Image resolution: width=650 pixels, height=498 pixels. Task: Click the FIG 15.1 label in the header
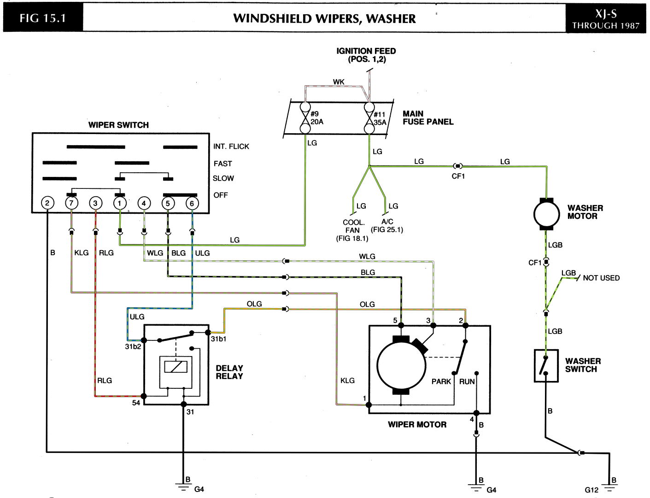click(43, 18)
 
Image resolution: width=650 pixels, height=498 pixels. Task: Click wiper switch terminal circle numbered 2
click(47, 203)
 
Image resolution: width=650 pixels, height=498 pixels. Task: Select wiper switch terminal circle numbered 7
click(71, 203)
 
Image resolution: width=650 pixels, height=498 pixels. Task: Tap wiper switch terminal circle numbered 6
click(192, 204)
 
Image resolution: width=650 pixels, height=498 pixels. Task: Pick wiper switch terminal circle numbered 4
click(144, 204)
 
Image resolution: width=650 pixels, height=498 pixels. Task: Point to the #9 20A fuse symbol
click(305, 118)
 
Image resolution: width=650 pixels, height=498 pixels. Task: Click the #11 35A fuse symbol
click(369, 118)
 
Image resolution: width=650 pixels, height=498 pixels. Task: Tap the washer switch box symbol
click(546, 365)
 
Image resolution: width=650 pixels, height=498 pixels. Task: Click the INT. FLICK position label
click(231, 146)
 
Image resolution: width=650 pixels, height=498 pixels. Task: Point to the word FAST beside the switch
click(223, 164)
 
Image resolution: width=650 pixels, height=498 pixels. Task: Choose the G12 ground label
click(591, 490)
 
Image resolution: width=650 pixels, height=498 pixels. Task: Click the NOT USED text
click(601, 278)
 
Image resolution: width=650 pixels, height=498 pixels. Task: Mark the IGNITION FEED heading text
click(366, 51)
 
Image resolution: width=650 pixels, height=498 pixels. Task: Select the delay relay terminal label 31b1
click(218, 339)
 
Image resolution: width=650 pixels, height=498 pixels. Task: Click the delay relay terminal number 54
click(136, 403)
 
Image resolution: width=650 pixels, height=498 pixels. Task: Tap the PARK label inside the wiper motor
click(441, 381)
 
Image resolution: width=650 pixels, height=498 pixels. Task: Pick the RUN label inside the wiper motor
click(467, 381)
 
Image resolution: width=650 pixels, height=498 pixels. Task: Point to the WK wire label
click(339, 82)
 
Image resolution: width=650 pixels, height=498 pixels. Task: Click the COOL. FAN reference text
click(353, 226)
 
